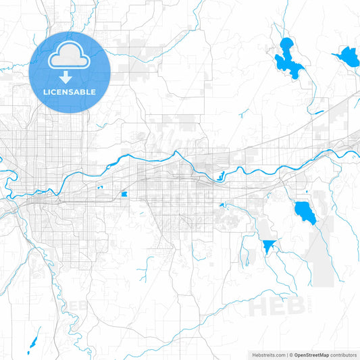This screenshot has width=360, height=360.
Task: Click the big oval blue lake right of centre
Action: click(304, 212)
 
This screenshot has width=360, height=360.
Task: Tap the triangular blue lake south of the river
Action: click(269, 245)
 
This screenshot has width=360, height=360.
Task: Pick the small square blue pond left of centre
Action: click(124, 196)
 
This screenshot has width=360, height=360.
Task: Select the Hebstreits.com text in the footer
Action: click(266, 355)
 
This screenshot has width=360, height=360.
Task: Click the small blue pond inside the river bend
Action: click(220, 178)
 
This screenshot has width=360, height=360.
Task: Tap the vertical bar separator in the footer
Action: click(287, 355)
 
